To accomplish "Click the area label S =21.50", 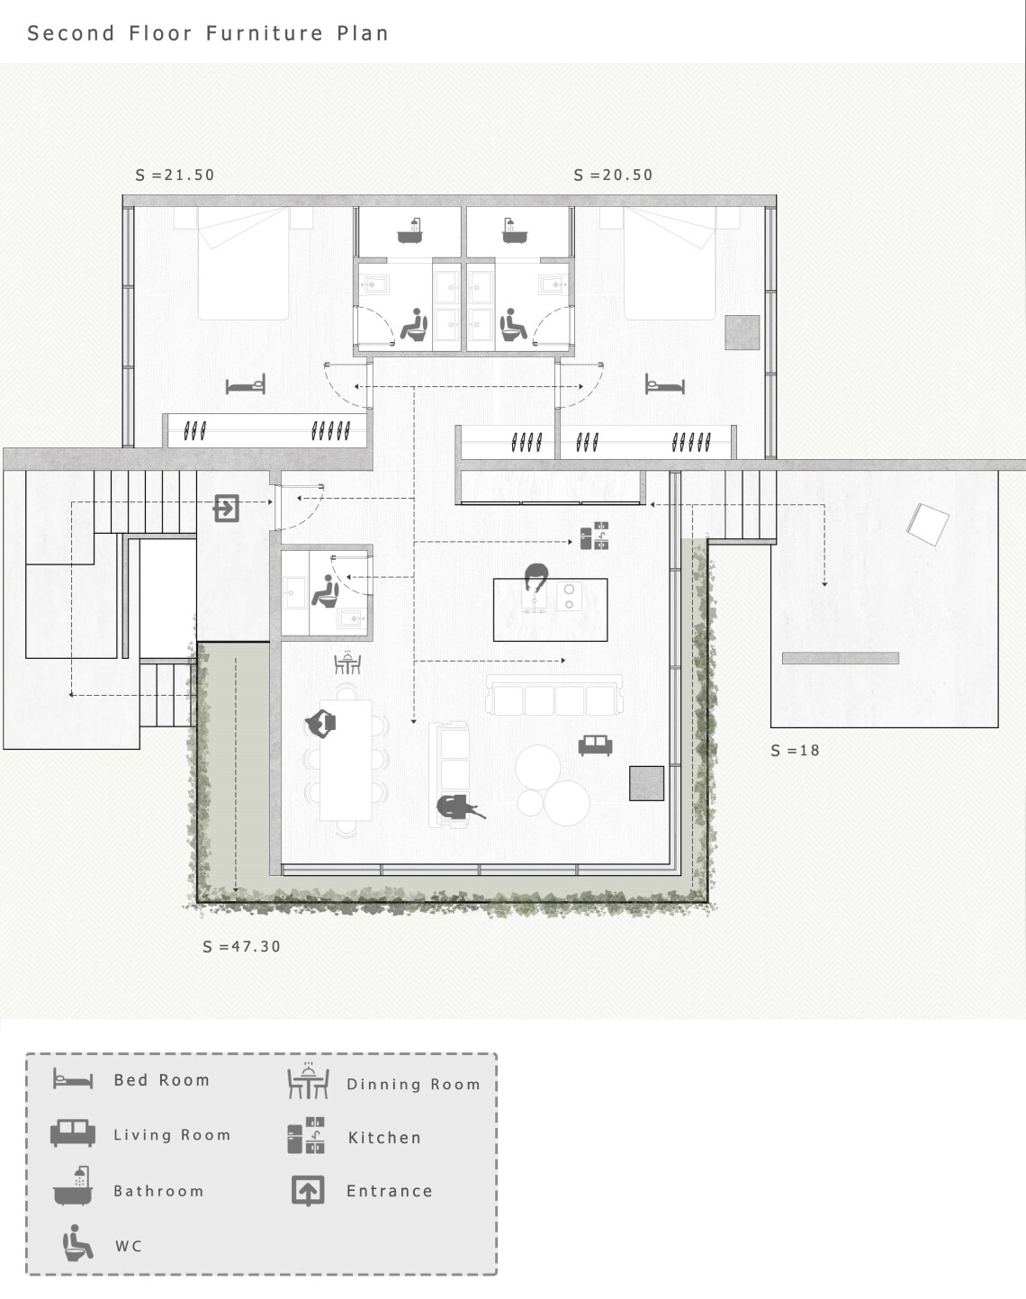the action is pos(175,175).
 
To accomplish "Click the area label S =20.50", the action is pos(613,175).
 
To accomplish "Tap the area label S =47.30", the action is pos(242,946).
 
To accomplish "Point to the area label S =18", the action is pos(796,750).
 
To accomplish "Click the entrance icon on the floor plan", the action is pos(226,509).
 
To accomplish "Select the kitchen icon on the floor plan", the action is pos(595,536).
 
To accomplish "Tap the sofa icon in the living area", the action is pos(596,745).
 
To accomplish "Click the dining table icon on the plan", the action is pos(347,663).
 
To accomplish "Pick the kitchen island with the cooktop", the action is pos(551,609).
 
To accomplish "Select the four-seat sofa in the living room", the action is pos(554,695).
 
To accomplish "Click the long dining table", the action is pos(346,760).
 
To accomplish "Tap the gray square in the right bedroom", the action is pos(742,332).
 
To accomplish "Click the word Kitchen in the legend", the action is pos(384,1138).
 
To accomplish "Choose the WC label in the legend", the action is pos(129,1247).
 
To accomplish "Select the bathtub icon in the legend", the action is pos(73,1186).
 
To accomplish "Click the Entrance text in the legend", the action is pos(390,1191).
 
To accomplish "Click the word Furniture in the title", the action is pos(265,33).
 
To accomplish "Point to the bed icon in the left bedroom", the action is pos(246,383).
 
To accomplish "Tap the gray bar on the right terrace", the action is pos(841,658).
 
